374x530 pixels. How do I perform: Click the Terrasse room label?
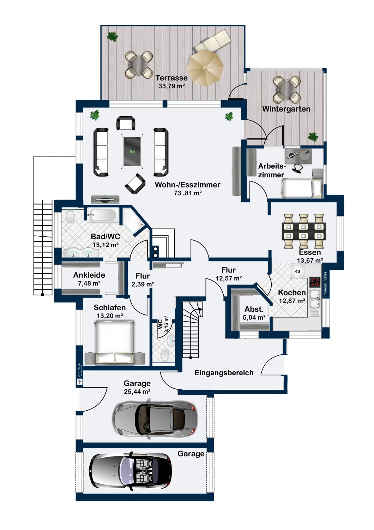(x=171, y=78)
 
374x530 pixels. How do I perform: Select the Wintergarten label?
(x=286, y=109)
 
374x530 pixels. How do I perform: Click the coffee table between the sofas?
(x=132, y=151)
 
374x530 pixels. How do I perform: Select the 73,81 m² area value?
(x=188, y=193)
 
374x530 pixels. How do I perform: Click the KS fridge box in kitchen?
(x=297, y=271)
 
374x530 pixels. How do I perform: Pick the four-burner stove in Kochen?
(x=315, y=282)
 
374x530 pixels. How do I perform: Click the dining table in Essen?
(x=303, y=231)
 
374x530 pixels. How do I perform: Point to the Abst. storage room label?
(x=254, y=309)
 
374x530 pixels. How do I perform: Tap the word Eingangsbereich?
(x=224, y=373)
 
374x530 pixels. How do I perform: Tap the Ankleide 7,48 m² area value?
(x=89, y=283)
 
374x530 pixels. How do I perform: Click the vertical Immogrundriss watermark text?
(x=325, y=284)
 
